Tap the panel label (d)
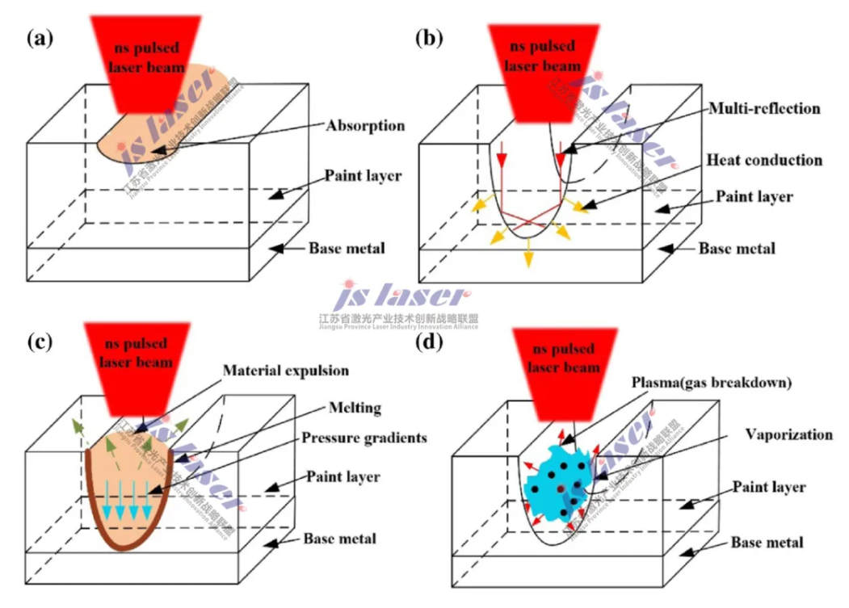[429, 342]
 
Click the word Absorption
[365, 126]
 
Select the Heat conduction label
[764, 160]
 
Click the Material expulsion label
[285, 371]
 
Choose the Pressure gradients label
[364, 438]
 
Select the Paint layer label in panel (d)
[769, 487]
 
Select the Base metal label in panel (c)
[339, 538]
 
